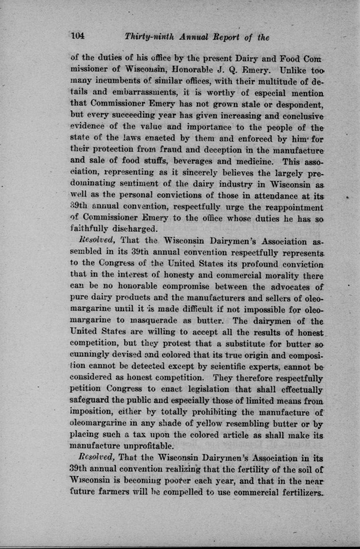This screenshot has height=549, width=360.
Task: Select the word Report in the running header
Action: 226,37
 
